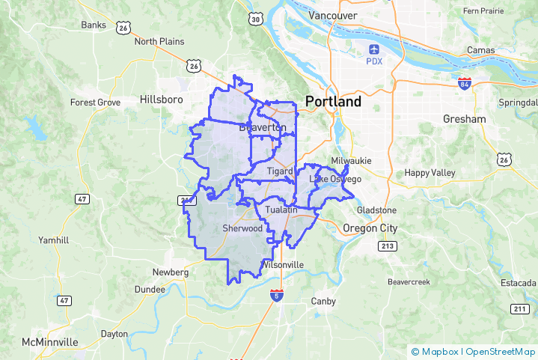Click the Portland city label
pos(333,101)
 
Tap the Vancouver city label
pos(333,16)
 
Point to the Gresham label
pos(464,119)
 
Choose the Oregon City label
pos(370,228)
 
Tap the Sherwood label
pos(242,228)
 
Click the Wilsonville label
pos(283,265)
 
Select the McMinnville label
pos(50,341)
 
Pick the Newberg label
pos(170,272)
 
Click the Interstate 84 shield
pos(465,82)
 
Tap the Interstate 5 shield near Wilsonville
pos(277,296)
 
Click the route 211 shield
pos(520,308)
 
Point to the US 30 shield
pos(257,19)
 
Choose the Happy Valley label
pos(430,173)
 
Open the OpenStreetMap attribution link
pos(501,351)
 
